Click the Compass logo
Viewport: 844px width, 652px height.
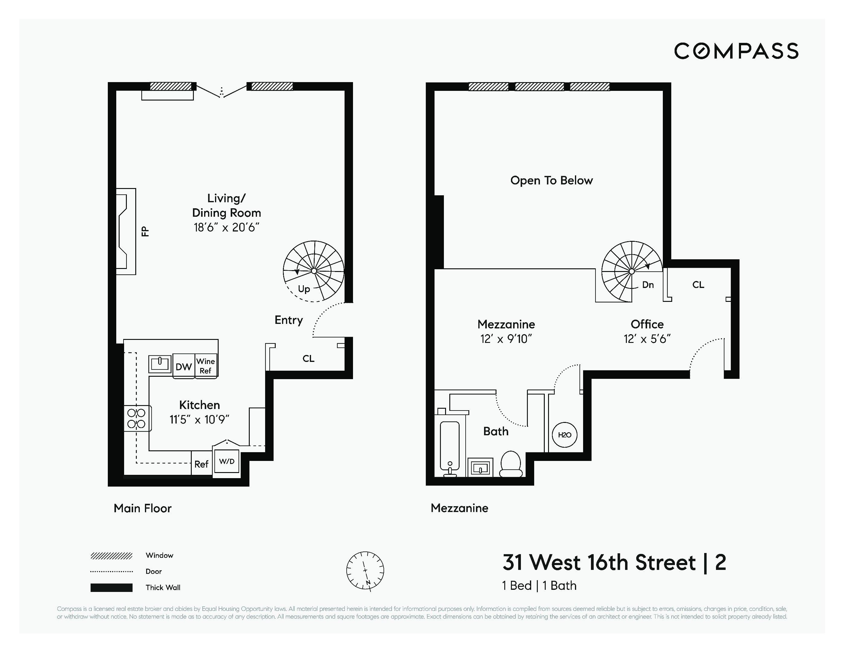pos(736,51)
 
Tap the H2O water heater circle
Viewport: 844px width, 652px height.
pos(565,435)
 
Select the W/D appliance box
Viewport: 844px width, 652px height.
pos(227,461)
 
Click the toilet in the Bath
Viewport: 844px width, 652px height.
pos(511,464)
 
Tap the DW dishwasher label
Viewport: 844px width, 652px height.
pos(184,366)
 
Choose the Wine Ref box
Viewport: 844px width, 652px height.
pos(206,366)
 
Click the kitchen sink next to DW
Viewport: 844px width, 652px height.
pos(160,363)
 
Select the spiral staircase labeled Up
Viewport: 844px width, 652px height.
pos(313,271)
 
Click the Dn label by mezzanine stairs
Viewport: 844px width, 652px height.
pos(648,285)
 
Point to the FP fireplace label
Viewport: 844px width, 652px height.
pos(145,231)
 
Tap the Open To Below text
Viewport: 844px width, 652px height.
pos(551,181)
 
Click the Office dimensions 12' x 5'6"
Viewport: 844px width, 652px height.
pos(647,339)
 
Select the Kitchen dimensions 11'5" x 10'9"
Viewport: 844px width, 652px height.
pos(199,420)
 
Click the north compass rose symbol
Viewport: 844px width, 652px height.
pos(365,570)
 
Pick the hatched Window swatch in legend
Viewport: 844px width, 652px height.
pos(111,556)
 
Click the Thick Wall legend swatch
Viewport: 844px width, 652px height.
pos(111,587)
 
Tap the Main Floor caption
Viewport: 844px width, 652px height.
pos(143,508)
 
